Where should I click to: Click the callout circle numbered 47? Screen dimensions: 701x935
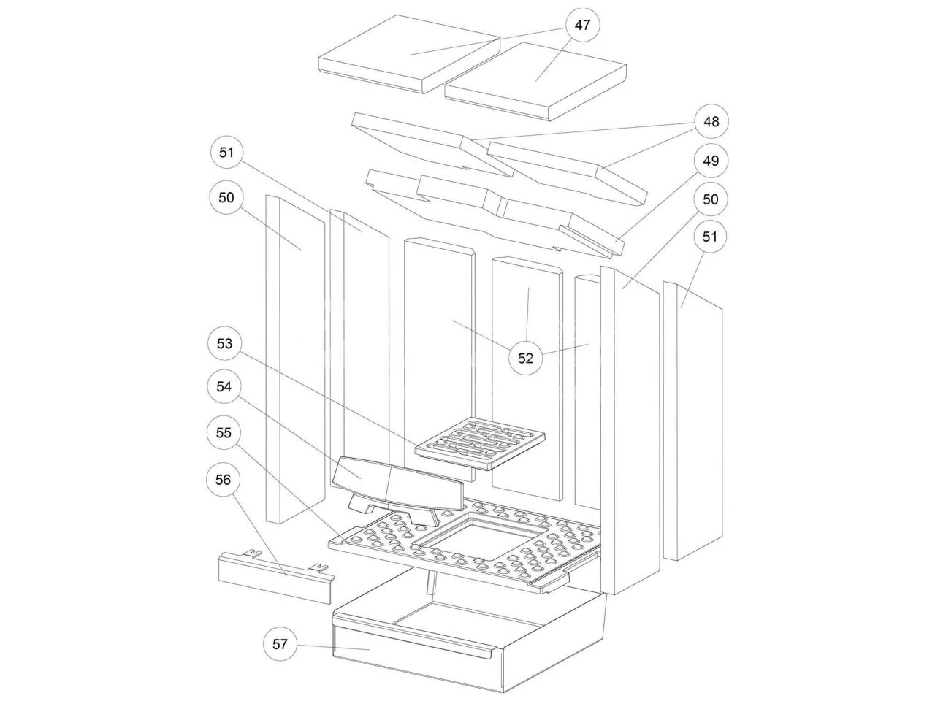tap(582, 25)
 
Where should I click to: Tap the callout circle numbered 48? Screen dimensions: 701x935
tap(711, 120)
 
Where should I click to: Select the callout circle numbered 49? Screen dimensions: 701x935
tap(711, 161)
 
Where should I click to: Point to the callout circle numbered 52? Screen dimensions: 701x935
tap(526, 358)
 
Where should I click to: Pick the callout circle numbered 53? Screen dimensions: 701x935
tap(224, 343)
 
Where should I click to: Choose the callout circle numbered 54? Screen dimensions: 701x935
tap(224, 388)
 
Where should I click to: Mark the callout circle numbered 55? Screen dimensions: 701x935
tap(224, 433)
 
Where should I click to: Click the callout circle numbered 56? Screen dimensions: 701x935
tap(224, 479)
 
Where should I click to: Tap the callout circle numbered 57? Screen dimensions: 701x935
tap(280, 644)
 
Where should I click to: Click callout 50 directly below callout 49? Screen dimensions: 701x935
tap(711, 199)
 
